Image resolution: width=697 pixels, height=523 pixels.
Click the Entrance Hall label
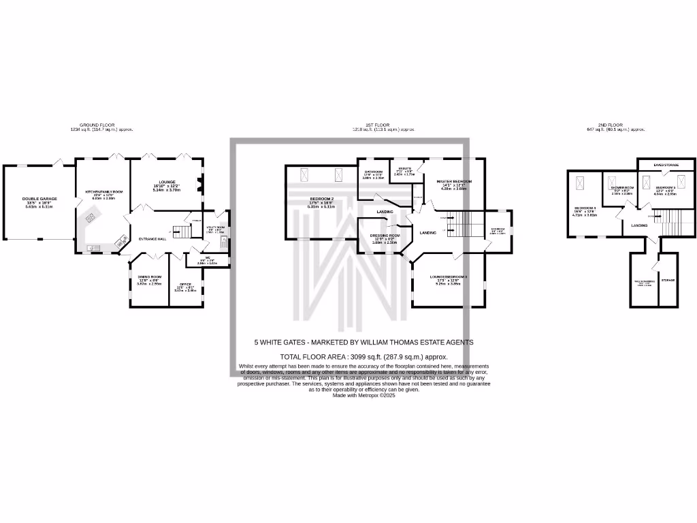tap(152, 239)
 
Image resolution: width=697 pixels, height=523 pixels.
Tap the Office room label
tap(185, 284)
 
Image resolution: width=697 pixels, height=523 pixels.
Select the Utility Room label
tap(214, 228)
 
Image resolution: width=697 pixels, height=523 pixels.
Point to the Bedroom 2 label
tap(320, 199)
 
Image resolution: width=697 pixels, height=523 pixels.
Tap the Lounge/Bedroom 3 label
tap(449, 277)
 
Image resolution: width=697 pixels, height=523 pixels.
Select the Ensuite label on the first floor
tap(404, 171)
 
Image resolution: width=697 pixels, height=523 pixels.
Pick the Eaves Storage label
tap(666, 165)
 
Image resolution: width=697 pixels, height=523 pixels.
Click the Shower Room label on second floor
tap(622, 187)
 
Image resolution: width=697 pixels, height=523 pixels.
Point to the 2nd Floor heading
tap(610, 125)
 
